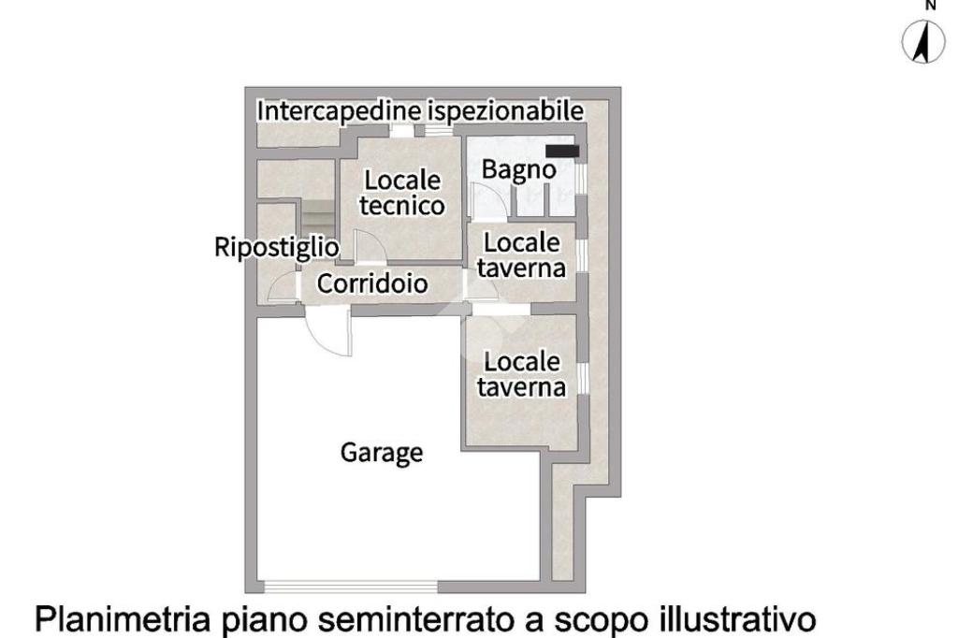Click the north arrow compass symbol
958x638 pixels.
926,43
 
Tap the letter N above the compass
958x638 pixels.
930,6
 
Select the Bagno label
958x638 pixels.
517,170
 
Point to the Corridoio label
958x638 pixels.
372,283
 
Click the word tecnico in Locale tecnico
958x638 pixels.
402,206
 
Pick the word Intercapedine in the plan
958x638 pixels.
340,110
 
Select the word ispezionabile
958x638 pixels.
506,110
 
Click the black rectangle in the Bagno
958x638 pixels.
563,151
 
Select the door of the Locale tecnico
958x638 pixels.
367,247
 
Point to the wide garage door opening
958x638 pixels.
350,587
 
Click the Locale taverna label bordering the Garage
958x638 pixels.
522,373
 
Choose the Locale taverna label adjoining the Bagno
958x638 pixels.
522,254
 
